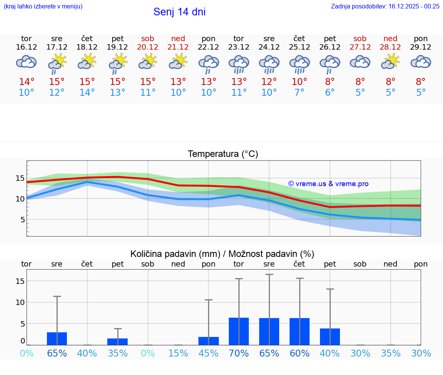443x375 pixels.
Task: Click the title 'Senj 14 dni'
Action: tap(179, 12)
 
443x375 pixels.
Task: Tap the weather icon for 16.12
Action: tap(26, 62)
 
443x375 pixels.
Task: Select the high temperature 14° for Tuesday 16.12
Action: tap(27, 82)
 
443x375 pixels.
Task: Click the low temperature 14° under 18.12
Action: tap(87, 92)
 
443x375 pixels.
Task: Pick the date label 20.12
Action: tap(148, 47)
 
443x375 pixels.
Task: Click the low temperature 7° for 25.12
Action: tap(299, 92)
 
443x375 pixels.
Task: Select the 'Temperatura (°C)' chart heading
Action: tap(223, 154)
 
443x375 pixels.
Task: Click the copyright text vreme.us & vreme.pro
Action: tap(328, 184)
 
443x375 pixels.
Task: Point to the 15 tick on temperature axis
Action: tap(20, 178)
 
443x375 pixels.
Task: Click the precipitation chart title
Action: tap(222, 254)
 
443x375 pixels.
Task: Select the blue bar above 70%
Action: tap(239, 331)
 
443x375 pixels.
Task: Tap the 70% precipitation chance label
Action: tap(239, 353)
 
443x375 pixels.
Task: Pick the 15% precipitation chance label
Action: tap(178, 353)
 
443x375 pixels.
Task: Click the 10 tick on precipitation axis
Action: tap(20, 302)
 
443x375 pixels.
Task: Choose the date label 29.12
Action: tap(421, 47)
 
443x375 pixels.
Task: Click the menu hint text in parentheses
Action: tap(43, 6)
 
